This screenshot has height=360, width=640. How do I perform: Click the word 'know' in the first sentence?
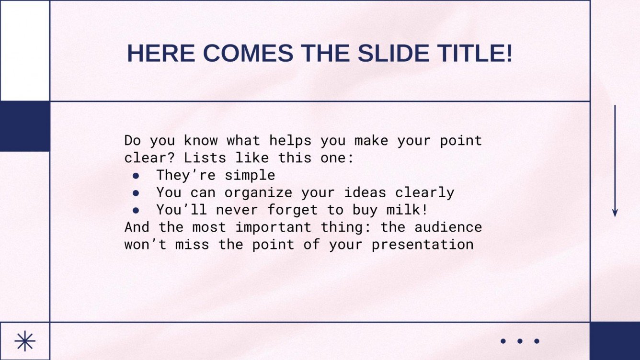201,141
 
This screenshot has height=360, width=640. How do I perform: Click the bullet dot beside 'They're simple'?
136,176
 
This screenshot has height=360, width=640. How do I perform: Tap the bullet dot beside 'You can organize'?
136,193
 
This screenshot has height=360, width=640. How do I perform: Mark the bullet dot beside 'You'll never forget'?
136,210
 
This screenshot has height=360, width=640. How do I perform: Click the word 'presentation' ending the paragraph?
423,244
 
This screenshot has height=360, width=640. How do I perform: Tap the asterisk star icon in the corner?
25,341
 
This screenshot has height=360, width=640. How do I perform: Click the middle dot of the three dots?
520,341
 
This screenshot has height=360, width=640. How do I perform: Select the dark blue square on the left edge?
25,126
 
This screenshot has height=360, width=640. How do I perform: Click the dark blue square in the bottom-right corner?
615,341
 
